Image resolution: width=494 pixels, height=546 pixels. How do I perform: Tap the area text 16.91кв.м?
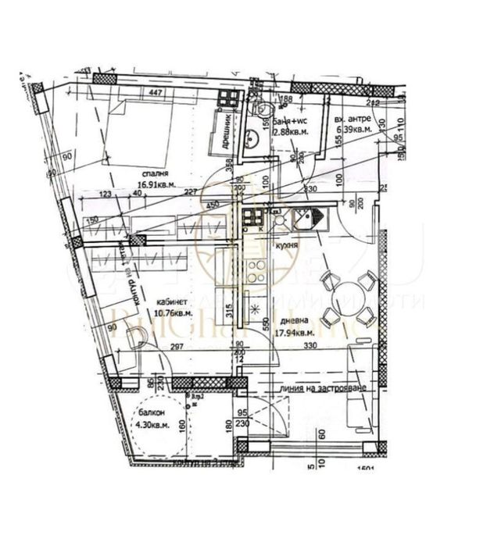(156, 186)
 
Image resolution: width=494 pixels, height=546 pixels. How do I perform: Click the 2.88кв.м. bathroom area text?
(288, 133)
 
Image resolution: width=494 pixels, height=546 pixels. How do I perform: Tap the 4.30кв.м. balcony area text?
(153, 426)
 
